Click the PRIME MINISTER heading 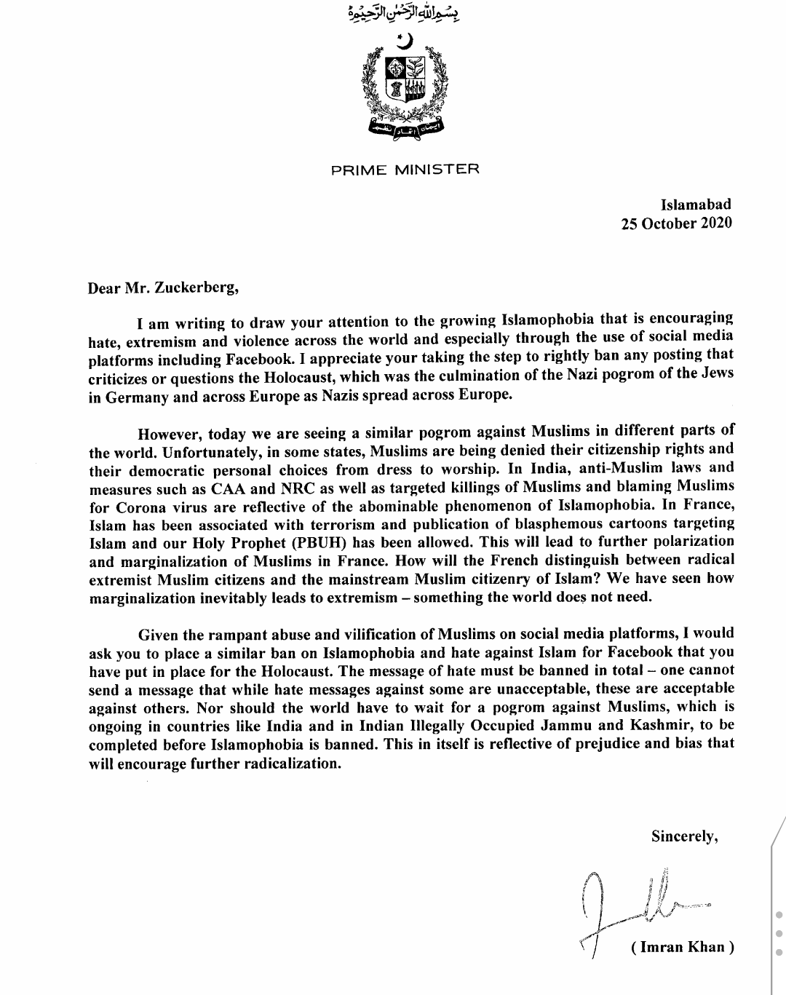point(405,170)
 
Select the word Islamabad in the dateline point(696,205)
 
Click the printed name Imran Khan point(682,947)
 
